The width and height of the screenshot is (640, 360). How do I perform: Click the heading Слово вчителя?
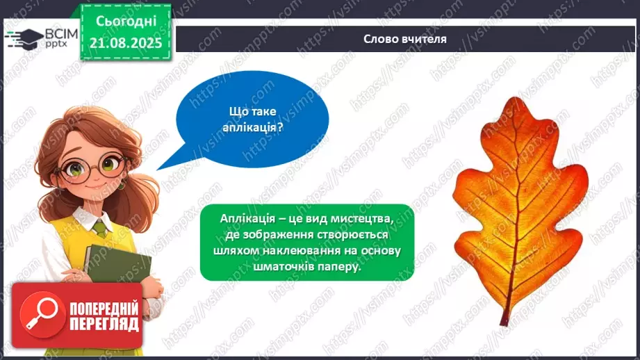(404, 39)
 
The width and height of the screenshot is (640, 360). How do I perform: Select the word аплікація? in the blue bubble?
(256, 128)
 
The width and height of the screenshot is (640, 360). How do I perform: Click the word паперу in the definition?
(340, 267)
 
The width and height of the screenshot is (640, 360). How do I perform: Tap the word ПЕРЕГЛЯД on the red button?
(104, 325)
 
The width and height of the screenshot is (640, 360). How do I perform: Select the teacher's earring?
(122, 186)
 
